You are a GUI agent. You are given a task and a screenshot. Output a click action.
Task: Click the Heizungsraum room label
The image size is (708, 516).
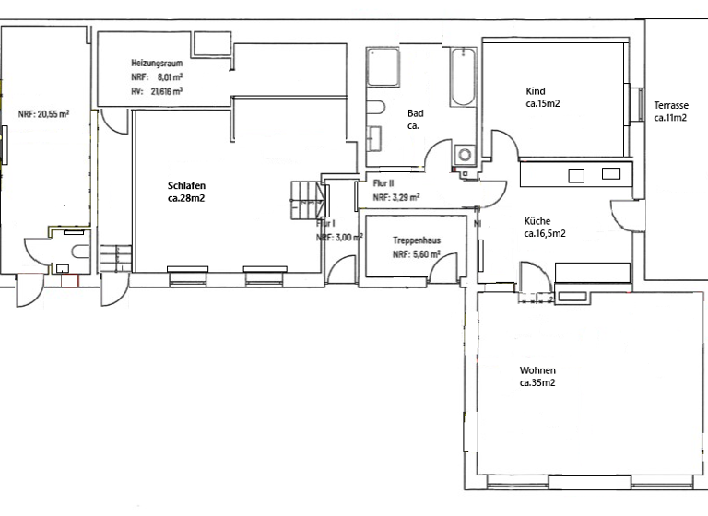pyautogui.click(x=156, y=64)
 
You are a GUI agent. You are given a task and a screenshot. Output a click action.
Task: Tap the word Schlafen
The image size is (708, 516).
pyautogui.click(x=186, y=185)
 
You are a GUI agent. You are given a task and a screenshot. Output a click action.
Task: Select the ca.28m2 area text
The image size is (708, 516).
pyautogui.click(x=186, y=198)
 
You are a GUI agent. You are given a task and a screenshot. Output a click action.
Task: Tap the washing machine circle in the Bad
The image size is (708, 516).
pyautogui.click(x=464, y=154)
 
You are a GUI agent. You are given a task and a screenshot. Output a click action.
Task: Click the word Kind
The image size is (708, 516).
pyautogui.click(x=535, y=91)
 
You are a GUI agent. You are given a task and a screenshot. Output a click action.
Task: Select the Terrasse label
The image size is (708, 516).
pyautogui.click(x=672, y=105)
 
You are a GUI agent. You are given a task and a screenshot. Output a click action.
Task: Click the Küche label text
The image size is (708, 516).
pyautogui.click(x=537, y=221)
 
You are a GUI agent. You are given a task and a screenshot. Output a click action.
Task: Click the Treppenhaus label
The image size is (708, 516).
pyautogui.click(x=416, y=240)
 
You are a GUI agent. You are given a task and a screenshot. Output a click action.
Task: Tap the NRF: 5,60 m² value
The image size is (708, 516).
pyautogui.click(x=416, y=255)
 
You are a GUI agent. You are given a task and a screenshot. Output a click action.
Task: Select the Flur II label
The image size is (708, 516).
pyautogui.click(x=383, y=183)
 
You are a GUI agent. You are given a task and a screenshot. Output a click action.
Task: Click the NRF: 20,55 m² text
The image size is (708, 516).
pyautogui.click(x=44, y=115)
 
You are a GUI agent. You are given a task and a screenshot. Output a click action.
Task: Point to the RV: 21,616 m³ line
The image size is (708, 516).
pyautogui.click(x=157, y=92)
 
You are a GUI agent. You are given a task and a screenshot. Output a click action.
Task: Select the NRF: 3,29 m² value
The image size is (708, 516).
pyautogui.click(x=396, y=197)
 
